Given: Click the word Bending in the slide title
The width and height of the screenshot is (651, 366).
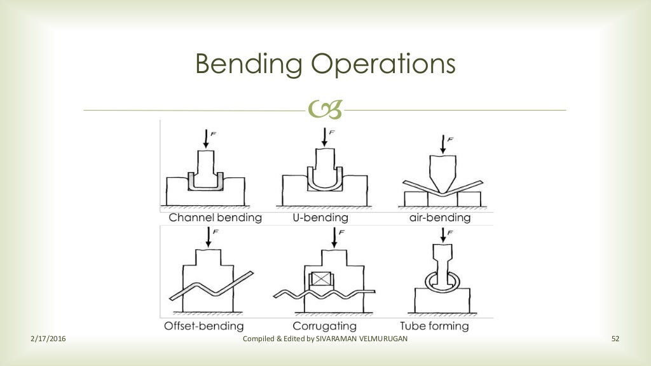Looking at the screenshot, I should pos(236,65).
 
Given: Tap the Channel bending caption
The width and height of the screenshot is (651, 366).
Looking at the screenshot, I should pos(215,218).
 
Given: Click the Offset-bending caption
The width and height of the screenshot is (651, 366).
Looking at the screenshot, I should pos(203,326).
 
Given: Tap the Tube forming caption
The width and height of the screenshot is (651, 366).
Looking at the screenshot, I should pos(435,326).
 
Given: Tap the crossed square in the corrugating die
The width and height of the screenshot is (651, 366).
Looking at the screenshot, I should pos(320,280).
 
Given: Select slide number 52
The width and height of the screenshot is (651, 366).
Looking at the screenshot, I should pos(615,339).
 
